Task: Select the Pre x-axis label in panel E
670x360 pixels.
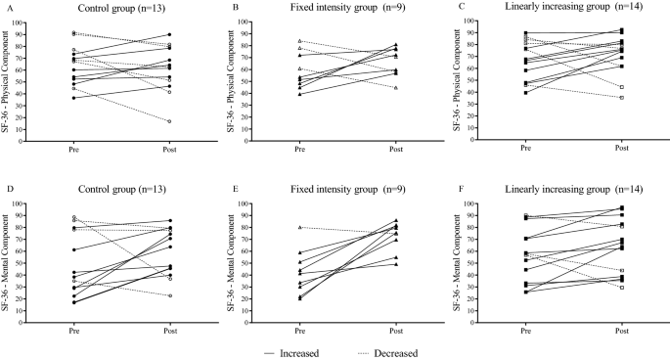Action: click(x=299, y=330)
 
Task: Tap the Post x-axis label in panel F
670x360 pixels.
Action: click(x=621, y=330)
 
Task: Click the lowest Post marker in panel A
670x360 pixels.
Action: click(x=169, y=121)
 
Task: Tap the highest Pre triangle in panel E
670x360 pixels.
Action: click(x=299, y=227)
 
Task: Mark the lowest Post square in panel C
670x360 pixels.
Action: click(x=621, y=97)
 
